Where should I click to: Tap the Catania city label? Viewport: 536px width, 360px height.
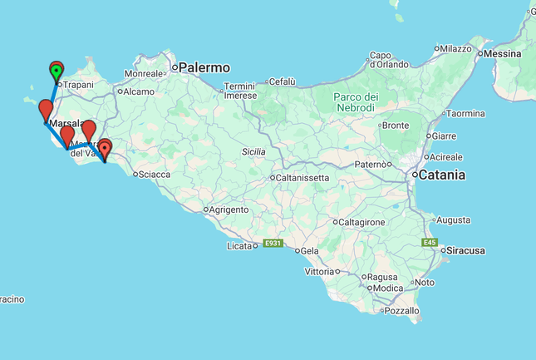(x=440, y=175)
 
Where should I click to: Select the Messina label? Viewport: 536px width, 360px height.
(x=502, y=54)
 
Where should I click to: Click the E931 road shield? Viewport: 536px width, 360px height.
(x=273, y=244)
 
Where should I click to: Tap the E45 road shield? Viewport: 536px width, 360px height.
(x=429, y=243)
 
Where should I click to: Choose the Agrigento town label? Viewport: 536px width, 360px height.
(x=228, y=210)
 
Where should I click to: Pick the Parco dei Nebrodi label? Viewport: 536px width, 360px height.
(x=357, y=101)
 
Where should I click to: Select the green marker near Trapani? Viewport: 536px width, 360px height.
(x=57, y=72)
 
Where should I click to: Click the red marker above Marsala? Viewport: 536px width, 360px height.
(x=46, y=109)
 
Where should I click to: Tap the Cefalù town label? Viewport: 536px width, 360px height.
(x=282, y=81)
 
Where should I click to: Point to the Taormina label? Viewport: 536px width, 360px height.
(x=465, y=113)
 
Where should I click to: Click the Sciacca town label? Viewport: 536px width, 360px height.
(x=155, y=175)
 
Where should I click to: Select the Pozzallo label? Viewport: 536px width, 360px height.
(x=403, y=310)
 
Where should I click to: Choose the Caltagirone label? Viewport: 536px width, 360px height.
(x=361, y=222)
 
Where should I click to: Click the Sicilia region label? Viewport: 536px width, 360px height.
(x=253, y=152)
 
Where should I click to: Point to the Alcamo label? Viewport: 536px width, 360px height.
(x=140, y=91)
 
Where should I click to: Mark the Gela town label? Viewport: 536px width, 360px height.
(x=310, y=250)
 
